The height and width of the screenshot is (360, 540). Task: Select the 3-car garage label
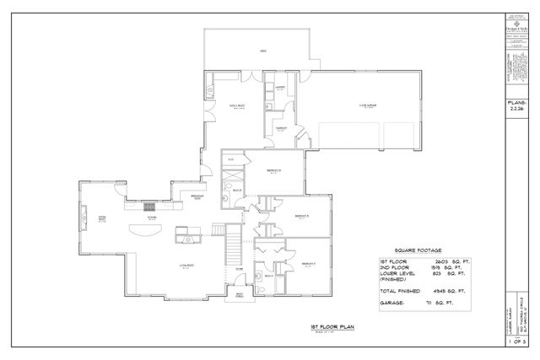click(x=366, y=105)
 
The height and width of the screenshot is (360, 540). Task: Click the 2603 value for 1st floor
click(x=436, y=262)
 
